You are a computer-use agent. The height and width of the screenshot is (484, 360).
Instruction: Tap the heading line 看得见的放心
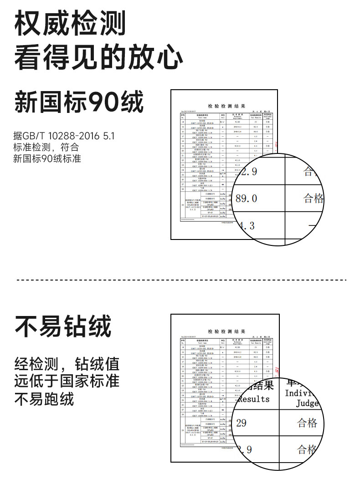(99, 58)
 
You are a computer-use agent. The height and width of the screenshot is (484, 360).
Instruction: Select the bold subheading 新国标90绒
(79, 102)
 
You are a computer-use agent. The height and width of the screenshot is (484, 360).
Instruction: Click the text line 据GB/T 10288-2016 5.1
(64, 136)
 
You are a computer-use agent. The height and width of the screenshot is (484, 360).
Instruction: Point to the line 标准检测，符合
(46, 148)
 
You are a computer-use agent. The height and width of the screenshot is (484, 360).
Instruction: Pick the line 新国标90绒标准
(47, 159)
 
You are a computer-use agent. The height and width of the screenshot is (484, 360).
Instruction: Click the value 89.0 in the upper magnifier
(247, 199)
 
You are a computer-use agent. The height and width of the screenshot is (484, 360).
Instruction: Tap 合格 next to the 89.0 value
(314, 199)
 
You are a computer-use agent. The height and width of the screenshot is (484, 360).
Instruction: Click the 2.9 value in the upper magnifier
(249, 172)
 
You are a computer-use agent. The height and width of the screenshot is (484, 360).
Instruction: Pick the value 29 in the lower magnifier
(242, 423)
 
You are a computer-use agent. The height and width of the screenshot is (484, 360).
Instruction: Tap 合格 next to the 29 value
(307, 423)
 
